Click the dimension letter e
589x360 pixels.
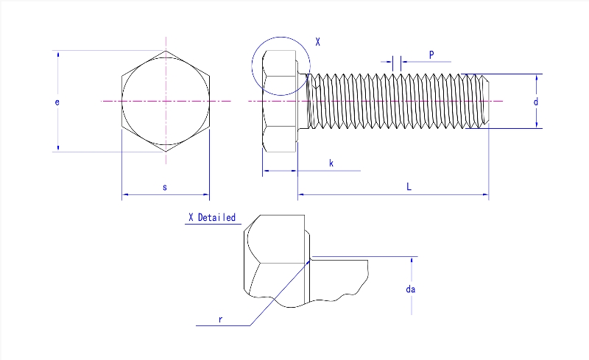pyautogui.click(x=57, y=102)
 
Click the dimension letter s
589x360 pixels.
pyautogui.click(x=165, y=188)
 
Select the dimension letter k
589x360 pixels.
pyautogui.click(x=331, y=163)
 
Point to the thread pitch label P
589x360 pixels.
pyautogui.click(x=431, y=55)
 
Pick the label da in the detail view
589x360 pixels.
pyautogui.click(x=411, y=289)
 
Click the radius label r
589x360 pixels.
pyautogui.click(x=220, y=319)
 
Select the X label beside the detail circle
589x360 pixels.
pyautogui.click(x=317, y=43)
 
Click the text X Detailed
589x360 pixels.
pyautogui.click(x=212, y=217)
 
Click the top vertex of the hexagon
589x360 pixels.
pyautogui.click(x=166, y=51)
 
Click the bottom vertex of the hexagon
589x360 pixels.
pyautogui.click(x=166, y=152)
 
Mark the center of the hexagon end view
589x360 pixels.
pyautogui.click(x=166, y=101)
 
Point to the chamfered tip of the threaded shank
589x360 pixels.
pyautogui.click(x=486, y=101)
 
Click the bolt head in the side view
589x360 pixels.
pyautogui.click(x=280, y=101)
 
